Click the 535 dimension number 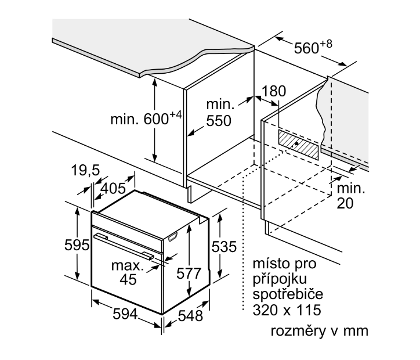[225, 247]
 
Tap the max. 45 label [128, 273]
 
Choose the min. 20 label [352, 195]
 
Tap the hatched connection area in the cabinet [299, 144]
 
